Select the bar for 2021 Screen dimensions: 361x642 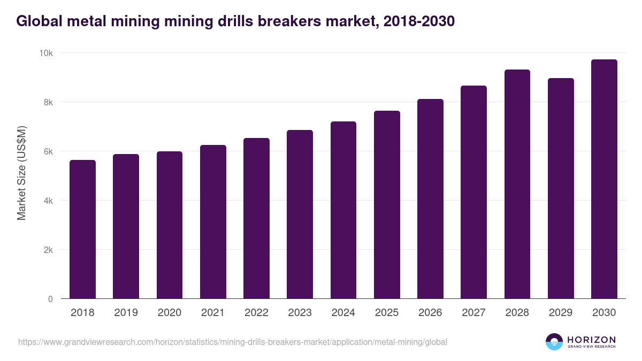click(x=213, y=221)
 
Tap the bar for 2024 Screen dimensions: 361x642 click(x=343, y=210)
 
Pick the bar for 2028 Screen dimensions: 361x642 click(x=517, y=184)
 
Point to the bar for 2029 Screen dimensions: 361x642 click(x=561, y=188)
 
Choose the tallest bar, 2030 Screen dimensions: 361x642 click(x=604, y=179)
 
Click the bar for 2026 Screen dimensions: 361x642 click(x=430, y=198)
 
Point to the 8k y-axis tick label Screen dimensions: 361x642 click(x=48, y=102)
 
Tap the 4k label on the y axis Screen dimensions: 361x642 click(x=48, y=201)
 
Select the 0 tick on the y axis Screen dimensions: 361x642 click(x=50, y=299)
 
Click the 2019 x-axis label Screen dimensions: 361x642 click(x=126, y=313)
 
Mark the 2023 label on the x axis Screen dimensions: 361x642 click(x=300, y=313)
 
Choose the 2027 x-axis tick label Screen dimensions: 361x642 click(x=473, y=313)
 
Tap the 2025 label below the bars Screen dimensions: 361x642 click(x=387, y=313)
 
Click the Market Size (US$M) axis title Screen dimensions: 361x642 click(x=21, y=172)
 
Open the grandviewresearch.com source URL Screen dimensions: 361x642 click(x=233, y=342)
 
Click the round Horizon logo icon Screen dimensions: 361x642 click(x=554, y=342)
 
